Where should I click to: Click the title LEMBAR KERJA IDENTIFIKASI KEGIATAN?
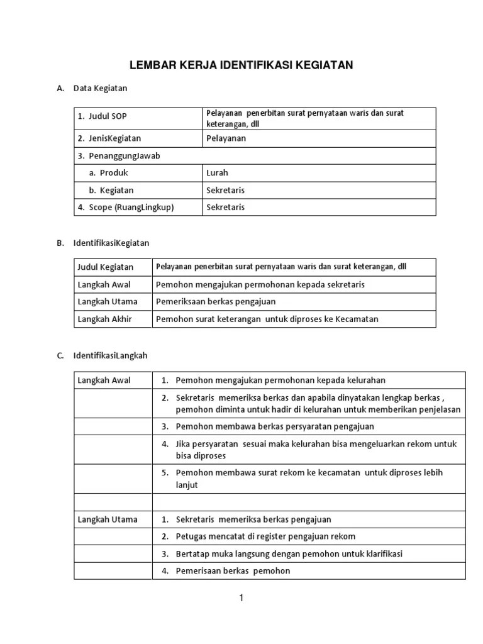tap(241, 65)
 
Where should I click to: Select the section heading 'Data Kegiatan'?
tap(100, 88)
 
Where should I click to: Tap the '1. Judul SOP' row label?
tap(103, 116)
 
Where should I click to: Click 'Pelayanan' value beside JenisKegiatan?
tap(226, 138)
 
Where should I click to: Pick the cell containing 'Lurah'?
tap(217, 173)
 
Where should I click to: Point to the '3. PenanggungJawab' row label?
tap(118, 156)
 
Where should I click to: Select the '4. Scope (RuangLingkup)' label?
tap(126, 208)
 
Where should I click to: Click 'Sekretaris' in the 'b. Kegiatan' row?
tap(225, 190)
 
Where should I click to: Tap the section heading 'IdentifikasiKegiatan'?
tap(111, 243)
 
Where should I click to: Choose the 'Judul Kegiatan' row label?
tap(105, 267)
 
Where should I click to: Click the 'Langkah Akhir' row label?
tap(104, 319)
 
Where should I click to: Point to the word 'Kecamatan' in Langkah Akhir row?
tap(357, 319)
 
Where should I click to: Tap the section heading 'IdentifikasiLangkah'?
tap(110, 355)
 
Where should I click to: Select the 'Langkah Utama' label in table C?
tap(107, 519)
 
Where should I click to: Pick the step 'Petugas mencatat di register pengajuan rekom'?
tap(265, 536)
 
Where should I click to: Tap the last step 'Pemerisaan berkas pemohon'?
tap(233, 571)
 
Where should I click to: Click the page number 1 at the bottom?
tap(241, 598)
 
